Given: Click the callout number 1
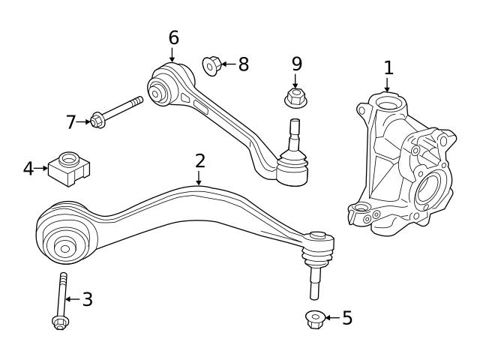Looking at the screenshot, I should click(x=388, y=67).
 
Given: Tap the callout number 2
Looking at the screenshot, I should click(x=199, y=160).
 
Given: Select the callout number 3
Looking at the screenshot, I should click(x=87, y=300).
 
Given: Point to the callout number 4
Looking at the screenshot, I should click(x=28, y=168).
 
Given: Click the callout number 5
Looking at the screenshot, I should click(x=346, y=317).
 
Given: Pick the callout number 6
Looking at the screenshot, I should click(x=173, y=37).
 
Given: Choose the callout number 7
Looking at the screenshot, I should click(x=71, y=121).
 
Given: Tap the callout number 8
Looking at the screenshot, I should click(x=242, y=64).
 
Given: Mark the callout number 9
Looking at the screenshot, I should click(x=296, y=64).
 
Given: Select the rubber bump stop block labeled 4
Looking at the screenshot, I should click(x=69, y=169).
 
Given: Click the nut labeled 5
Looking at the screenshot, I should click(x=315, y=319).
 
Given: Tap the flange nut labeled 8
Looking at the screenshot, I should click(x=210, y=66).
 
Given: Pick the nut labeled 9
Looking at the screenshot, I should click(x=295, y=97).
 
